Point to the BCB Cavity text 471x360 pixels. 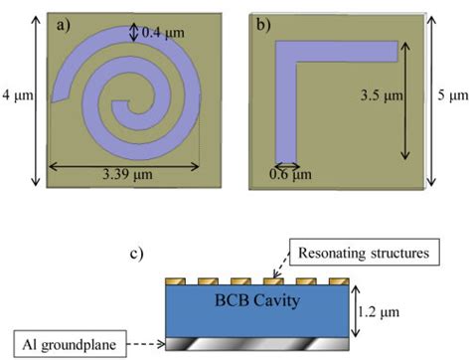click(251, 297)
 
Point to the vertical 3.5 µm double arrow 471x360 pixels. click(405, 100)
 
